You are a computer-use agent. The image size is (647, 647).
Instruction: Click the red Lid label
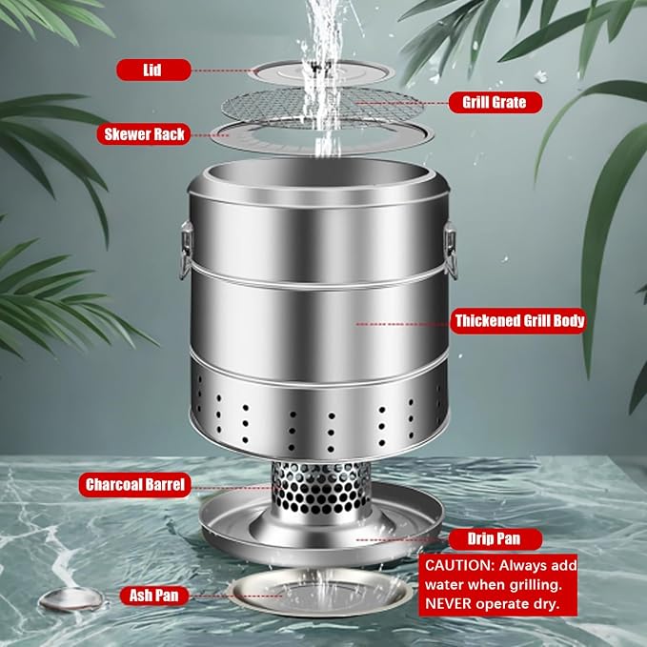(154, 70)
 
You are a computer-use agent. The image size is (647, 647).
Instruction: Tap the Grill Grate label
(495, 102)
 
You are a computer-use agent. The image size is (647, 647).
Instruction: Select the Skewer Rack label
(144, 134)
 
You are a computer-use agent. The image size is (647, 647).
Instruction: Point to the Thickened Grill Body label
(519, 320)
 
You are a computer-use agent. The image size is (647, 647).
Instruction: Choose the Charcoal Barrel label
(135, 484)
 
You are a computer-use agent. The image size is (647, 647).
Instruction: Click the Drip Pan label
(495, 539)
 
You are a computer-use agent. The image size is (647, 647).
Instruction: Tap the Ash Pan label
(154, 596)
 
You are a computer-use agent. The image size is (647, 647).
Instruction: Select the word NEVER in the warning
(448, 604)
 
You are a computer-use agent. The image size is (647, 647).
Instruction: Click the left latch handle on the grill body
(185, 250)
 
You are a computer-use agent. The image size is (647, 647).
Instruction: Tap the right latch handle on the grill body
(451, 250)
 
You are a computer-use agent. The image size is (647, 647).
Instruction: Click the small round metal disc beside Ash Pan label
(71, 600)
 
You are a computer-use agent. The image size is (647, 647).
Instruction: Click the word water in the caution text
(445, 585)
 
